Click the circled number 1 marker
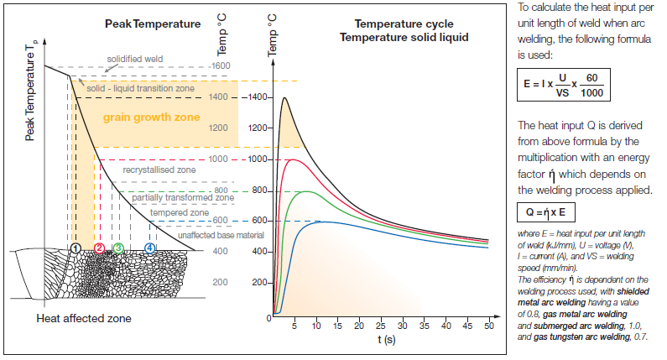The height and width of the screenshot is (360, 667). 76,248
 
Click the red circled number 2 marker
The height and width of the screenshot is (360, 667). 99,248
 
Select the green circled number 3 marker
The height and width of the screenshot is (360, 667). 119,248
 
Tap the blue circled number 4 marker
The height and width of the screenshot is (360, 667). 150,248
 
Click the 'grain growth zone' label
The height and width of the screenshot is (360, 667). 151,117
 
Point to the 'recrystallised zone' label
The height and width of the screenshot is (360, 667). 159,170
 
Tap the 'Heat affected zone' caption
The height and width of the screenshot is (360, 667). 84,320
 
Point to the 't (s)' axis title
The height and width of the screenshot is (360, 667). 387,339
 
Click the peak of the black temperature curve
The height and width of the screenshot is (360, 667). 284,97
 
